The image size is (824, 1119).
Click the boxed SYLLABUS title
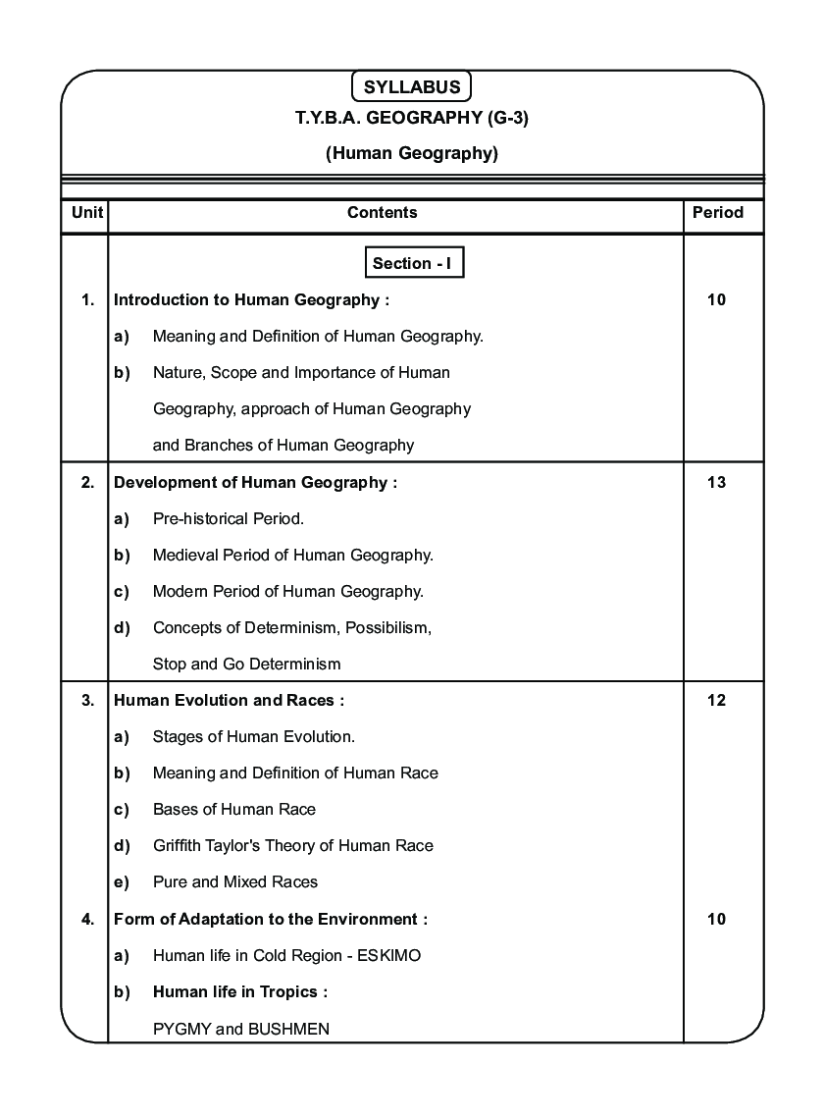pos(411,86)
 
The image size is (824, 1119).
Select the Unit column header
pos(87,212)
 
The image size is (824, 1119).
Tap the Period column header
pos(717,212)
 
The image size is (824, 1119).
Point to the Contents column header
pos(382,212)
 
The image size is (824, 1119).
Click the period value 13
pos(716,482)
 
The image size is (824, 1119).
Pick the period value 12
pos(716,700)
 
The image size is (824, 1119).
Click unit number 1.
pos(87,299)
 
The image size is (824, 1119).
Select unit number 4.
pos(87,919)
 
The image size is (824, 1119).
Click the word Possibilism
pos(387,627)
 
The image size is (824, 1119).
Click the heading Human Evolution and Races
pos(229,700)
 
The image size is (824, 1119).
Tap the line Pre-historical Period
pos(228,518)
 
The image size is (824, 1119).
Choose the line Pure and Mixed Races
pos(234,881)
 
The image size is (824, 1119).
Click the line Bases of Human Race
pos(233,809)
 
